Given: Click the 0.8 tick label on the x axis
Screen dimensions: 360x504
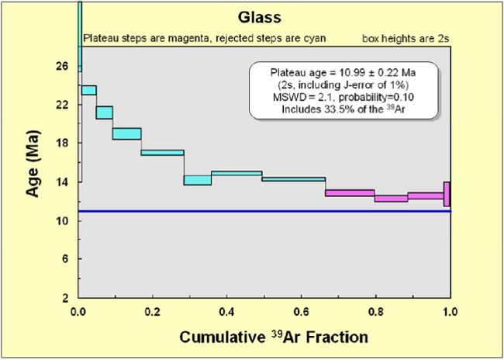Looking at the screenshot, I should click(x=375, y=311).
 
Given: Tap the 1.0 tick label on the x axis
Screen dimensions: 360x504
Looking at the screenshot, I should click(x=449, y=311).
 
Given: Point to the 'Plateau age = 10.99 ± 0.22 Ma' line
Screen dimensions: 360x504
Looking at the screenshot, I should click(x=343, y=76).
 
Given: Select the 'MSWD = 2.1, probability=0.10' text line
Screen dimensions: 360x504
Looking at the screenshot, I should click(x=343, y=99).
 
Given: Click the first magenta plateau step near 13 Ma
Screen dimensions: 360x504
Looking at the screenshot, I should click(x=350, y=192).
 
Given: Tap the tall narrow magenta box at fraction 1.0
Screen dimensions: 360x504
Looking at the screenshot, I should click(x=447, y=194).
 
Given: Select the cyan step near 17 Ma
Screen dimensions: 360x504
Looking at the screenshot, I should click(x=162, y=152).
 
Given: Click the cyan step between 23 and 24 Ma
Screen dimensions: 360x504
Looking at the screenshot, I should click(x=88, y=90).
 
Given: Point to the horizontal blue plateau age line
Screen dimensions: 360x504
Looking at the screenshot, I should click(x=264, y=211).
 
